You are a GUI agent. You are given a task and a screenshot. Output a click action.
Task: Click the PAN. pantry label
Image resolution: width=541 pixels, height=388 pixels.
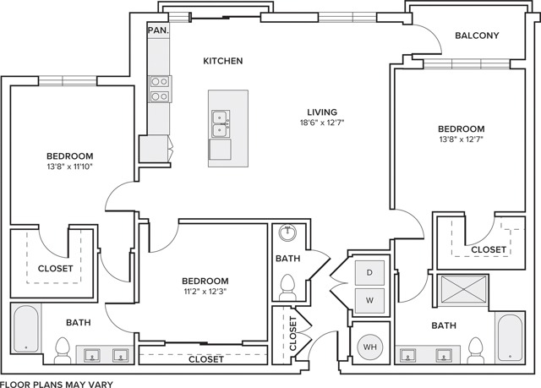pyautogui.click(x=156, y=29)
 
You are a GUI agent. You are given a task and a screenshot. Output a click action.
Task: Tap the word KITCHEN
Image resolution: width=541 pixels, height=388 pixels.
pyautogui.click(x=223, y=61)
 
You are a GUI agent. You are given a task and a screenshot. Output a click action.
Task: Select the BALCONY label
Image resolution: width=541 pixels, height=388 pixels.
pyautogui.click(x=477, y=36)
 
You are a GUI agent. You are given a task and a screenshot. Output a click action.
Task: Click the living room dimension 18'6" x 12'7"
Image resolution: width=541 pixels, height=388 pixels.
pyautogui.click(x=322, y=123)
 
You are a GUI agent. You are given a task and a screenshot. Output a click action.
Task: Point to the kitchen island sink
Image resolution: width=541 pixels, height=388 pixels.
pyautogui.click(x=221, y=123)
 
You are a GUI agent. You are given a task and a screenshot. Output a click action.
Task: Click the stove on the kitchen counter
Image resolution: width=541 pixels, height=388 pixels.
pyautogui.click(x=159, y=89)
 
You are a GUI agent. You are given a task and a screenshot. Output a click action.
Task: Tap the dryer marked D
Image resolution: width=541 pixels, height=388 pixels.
pyautogui.click(x=369, y=273)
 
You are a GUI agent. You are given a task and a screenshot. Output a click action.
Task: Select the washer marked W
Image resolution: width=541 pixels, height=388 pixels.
pyautogui.click(x=369, y=298)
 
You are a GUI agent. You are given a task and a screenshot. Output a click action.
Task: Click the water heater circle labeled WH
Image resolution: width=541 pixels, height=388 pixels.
pyautogui.click(x=369, y=346)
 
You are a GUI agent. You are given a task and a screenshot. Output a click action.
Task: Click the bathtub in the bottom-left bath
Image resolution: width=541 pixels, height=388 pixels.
pyautogui.click(x=25, y=329)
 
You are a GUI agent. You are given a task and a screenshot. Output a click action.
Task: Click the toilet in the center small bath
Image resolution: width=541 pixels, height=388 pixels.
pyautogui.click(x=286, y=287)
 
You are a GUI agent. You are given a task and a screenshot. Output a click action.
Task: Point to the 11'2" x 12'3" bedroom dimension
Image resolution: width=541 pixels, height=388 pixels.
pyautogui.click(x=205, y=292)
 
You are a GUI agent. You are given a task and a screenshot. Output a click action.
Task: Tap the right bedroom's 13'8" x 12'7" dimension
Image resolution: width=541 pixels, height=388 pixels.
pyautogui.click(x=461, y=140)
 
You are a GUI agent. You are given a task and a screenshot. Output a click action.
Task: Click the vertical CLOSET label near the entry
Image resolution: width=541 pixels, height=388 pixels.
pyautogui.click(x=293, y=333)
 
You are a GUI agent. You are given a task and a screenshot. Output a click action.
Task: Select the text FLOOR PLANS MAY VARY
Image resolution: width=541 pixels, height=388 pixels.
pyautogui.click(x=57, y=383)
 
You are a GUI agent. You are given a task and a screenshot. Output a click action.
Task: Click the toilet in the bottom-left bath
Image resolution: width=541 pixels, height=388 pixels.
pyautogui.click(x=62, y=349)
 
